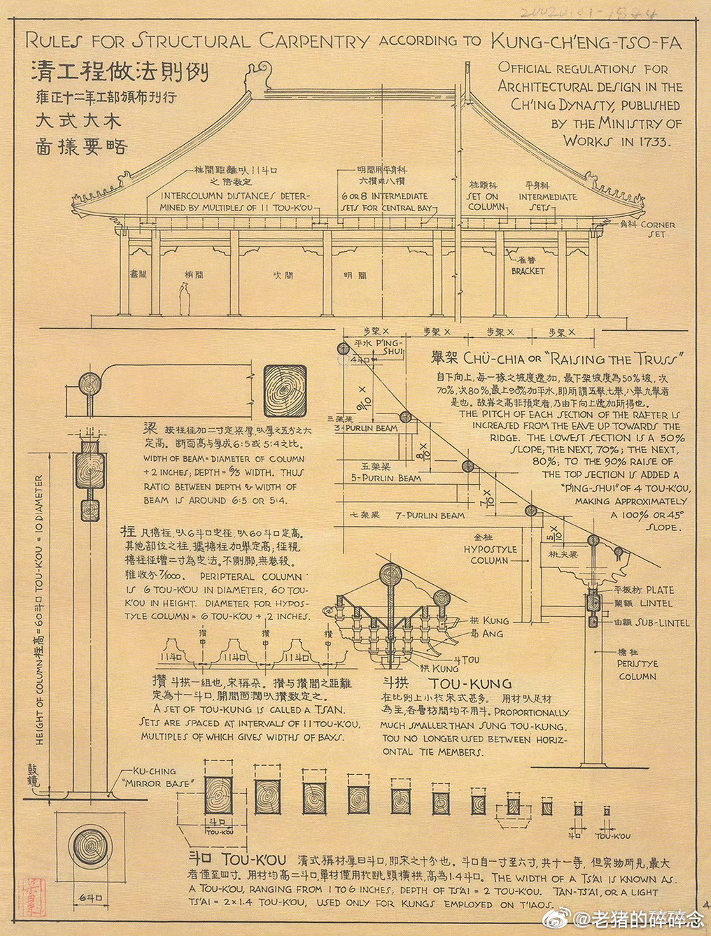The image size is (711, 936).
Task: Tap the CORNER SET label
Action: coord(658,229)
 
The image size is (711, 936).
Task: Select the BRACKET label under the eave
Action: coord(527,271)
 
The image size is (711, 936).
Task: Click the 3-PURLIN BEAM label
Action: coord(365,427)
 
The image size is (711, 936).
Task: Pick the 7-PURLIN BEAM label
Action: coord(429,515)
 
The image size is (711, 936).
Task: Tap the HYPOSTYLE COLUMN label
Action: coord(489,555)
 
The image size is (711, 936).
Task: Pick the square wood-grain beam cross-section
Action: coord(284,391)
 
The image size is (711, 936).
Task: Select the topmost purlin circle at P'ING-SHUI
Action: coord(343,348)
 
